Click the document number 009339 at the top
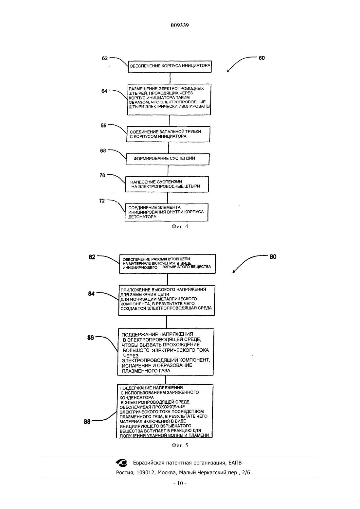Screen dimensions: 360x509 click(180, 25)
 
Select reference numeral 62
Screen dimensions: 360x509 click(104, 59)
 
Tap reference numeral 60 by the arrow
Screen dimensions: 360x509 click(261, 58)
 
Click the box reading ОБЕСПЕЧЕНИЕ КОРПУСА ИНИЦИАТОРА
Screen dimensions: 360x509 click(170, 67)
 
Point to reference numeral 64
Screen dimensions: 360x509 click(104, 91)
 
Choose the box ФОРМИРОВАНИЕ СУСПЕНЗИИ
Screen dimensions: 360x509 click(168, 159)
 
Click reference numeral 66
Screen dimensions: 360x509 click(103, 125)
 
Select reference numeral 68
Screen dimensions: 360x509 click(103, 151)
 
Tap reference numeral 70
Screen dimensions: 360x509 click(102, 175)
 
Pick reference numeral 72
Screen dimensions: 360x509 click(102, 201)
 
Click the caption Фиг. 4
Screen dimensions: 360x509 click(180, 226)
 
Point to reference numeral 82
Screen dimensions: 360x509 click(92, 257)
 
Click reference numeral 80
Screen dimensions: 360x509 click(273, 257)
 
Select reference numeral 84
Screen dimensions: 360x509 click(91, 294)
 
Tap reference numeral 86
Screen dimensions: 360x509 click(90, 338)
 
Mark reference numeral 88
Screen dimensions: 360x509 click(87, 422)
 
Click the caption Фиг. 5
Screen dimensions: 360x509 click(180, 445)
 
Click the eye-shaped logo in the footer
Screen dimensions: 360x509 click(122, 463)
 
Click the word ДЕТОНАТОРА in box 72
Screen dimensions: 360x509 click(142, 217)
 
